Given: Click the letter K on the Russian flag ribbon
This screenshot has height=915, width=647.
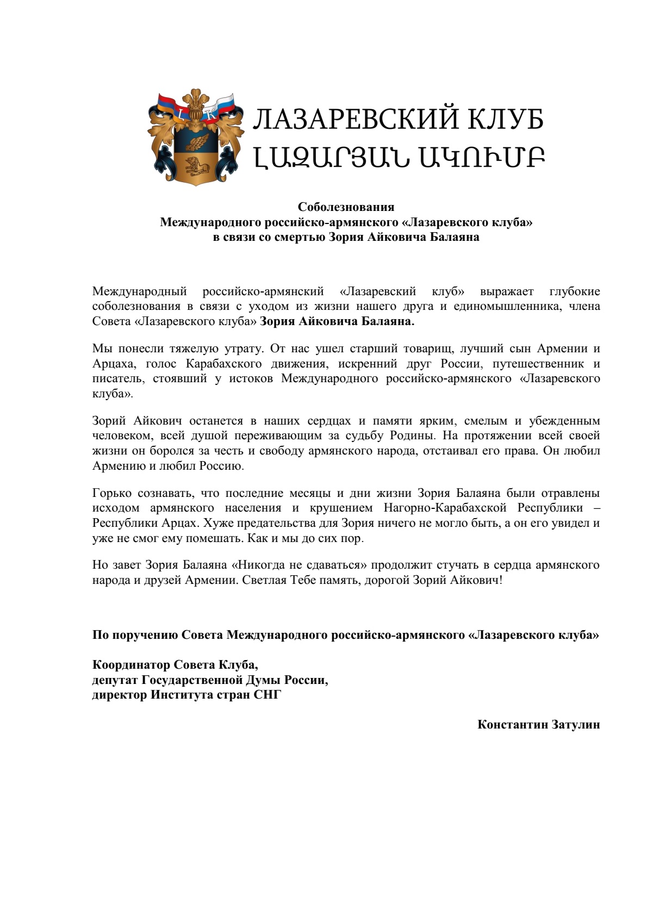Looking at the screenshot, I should pos(211,114).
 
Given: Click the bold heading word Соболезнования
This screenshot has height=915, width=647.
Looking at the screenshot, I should pos(346,207).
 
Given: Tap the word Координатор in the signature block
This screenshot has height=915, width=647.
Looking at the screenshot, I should pos(130,665).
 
